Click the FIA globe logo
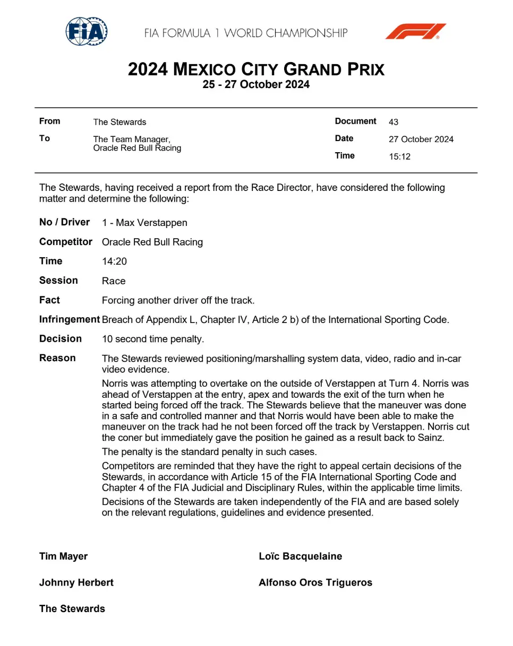click(87, 31)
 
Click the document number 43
click(394, 122)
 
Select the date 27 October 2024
click(421, 139)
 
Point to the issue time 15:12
click(399, 157)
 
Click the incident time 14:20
click(114, 261)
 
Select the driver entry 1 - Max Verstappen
click(144, 223)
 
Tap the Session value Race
click(113, 281)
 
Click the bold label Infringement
click(69, 320)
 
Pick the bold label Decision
click(61, 339)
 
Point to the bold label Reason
click(57, 359)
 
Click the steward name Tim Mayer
click(63, 556)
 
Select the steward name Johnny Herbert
click(76, 583)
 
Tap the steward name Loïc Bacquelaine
click(300, 556)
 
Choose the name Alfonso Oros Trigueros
click(315, 583)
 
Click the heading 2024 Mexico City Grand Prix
click(256, 69)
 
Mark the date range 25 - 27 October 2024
click(256, 85)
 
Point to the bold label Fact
click(49, 300)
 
